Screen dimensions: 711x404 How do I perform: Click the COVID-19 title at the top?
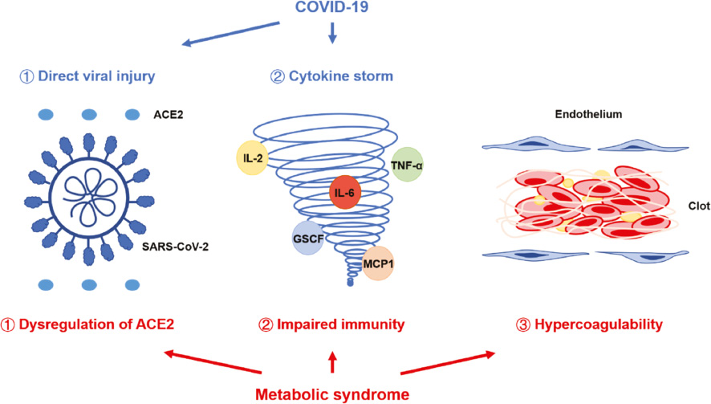331,7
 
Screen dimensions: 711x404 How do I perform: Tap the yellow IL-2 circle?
253,158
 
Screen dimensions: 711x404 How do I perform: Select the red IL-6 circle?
345,193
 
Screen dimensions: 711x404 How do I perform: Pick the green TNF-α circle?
407,165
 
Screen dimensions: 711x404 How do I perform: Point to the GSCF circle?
308,238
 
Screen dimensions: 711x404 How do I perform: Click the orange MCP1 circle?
378,263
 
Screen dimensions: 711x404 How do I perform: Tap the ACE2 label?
169,115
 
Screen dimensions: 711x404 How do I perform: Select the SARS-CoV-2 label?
175,247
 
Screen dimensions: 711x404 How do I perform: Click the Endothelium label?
588,114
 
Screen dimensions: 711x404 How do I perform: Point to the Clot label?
699,206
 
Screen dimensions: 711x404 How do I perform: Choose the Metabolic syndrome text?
332,394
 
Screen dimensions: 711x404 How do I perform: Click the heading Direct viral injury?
96,75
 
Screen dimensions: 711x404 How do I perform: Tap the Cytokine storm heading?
341,75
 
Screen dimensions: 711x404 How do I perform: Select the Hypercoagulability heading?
599,324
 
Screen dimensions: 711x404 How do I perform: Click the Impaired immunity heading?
340,324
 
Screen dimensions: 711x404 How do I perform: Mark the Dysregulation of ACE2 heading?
96,324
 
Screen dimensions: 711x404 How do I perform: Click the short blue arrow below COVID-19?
332,33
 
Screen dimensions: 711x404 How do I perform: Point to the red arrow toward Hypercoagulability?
448,363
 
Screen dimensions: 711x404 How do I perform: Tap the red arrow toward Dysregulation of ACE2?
213,361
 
